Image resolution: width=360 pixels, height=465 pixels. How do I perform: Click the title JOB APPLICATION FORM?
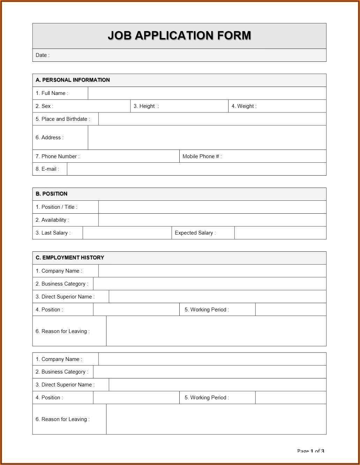pyautogui.click(x=179, y=36)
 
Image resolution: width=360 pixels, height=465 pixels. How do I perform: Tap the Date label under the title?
pyautogui.click(x=43, y=55)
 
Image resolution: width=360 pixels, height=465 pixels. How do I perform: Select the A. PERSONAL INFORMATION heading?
pyautogui.click(x=73, y=80)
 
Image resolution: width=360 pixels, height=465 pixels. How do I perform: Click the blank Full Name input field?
pyautogui.click(x=207, y=93)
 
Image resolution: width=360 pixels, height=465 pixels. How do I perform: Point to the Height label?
pyautogui.click(x=146, y=106)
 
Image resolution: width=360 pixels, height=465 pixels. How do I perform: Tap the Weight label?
pyautogui.click(x=244, y=106)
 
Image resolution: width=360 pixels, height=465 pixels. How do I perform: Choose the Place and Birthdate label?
pyautogui.click(x=63, y=119)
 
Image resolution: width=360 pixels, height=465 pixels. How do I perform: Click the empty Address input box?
pyautogui.click(x=207, y=138)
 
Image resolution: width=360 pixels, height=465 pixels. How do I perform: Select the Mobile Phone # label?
pyautogui.click(x=202, y=156)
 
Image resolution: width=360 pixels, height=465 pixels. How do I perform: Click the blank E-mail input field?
pyautogui.click(x=196, y=169)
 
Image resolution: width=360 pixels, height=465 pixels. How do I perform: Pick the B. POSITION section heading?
pyautogui.click(x=52, y=194)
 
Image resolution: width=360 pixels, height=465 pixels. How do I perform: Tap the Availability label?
pyautogui.click(x=52, y=220)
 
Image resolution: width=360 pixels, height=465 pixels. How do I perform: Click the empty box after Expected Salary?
pyautogui.click(x=280, y=233)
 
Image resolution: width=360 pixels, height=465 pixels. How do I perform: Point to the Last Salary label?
pyautogui.click(x=53, y=233)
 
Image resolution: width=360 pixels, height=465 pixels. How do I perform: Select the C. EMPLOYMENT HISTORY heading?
pyautogui.click(x=70, y=258)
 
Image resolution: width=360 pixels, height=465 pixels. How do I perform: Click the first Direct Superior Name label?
pyautogui.click(x=65, y=297)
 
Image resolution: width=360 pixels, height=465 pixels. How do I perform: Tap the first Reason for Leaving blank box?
pyautogui.click(x=216, y=331)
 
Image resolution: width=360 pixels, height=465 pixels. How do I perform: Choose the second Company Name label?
pyautogui.click(x=59, y=359)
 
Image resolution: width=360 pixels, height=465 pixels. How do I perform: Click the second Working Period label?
pyautogui.click(x=207, y=398)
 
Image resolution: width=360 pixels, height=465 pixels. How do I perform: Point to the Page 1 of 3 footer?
pyautogui.click(x=310, y=451)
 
